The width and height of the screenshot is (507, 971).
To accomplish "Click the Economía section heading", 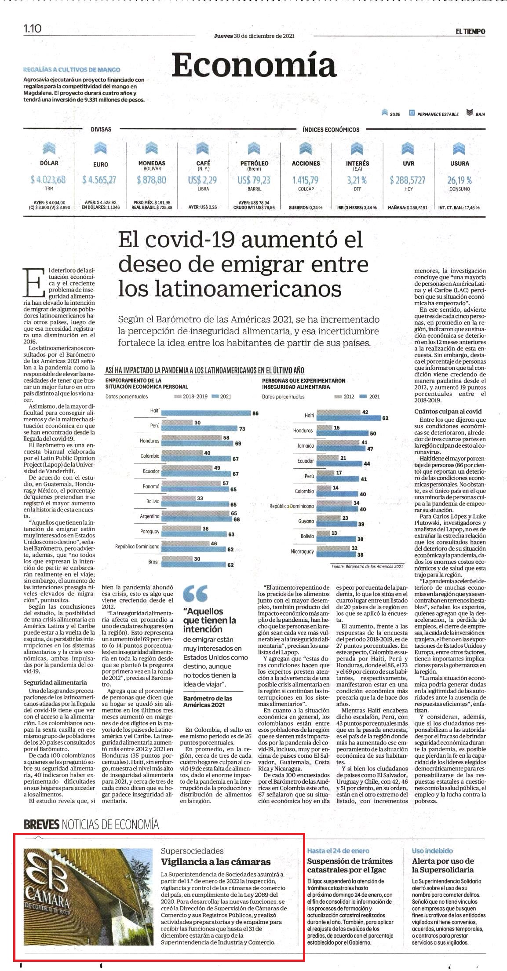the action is coord(254,65).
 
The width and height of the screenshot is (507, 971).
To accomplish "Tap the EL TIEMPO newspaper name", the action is coord(470,31).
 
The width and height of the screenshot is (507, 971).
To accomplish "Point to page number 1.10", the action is coord(32,29).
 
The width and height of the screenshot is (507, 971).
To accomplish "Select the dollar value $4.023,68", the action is coord(48,179).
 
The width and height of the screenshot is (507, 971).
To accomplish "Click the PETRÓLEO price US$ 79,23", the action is coord(254,180).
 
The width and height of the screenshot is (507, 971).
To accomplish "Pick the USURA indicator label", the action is coord(459,163).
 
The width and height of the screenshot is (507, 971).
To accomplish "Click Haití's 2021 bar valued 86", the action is coord(205,413).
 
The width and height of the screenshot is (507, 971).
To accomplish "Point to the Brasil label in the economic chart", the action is coord(153,562).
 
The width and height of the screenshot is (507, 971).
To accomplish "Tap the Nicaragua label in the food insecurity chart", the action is coord(303,551).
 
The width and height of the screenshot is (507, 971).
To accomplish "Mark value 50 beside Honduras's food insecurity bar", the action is coord(372,433).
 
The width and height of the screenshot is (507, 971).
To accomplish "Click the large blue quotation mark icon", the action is coord(195,593).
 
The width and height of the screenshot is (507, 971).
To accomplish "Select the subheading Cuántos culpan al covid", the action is coord(448,411).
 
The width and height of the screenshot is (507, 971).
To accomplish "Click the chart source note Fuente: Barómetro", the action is coord(367,566).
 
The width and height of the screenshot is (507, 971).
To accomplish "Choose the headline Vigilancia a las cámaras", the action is coord(215,861).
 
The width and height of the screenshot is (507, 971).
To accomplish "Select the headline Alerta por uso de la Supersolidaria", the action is coord(443,865).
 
